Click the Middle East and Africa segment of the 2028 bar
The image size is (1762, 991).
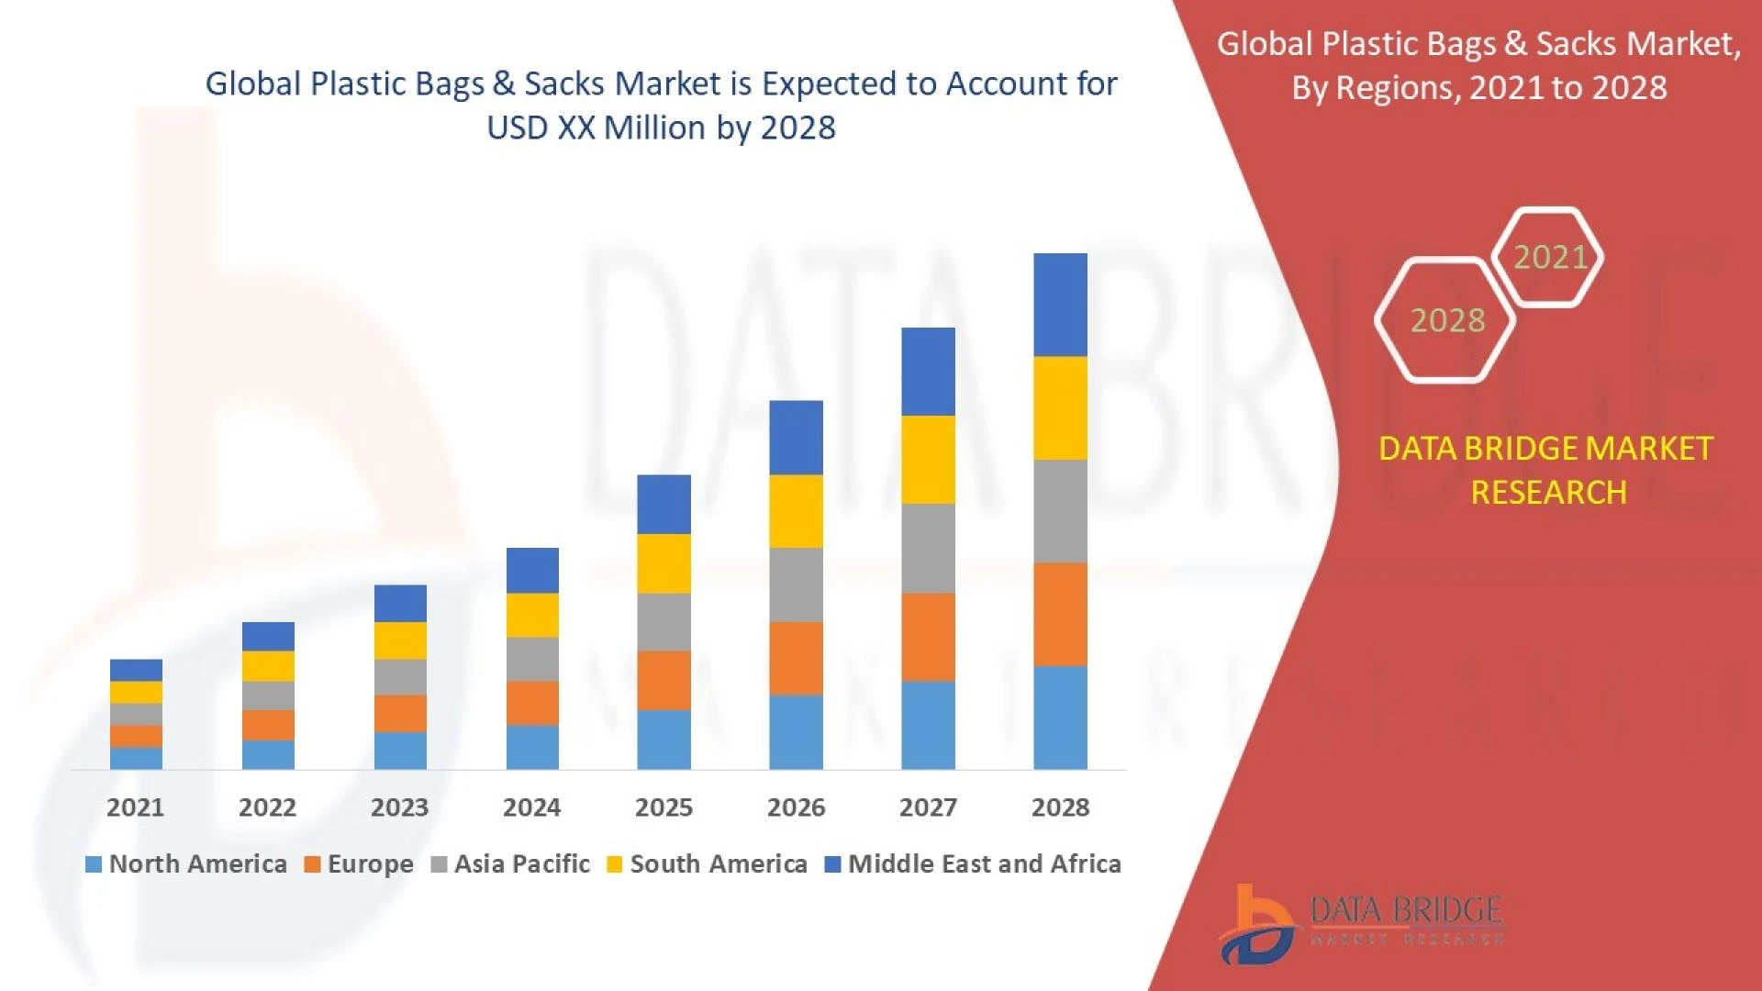[x=1060, y=305]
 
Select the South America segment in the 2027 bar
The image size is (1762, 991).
[x=928, y=459]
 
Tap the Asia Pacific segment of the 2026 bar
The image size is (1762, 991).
[x=796, y=585]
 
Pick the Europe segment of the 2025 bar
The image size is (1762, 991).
[x=664, y=680]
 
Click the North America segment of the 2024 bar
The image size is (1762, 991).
[x=532, y=747]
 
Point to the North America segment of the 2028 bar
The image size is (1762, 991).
[x=1060, y=717]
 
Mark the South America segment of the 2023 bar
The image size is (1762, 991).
[x=400, y=640]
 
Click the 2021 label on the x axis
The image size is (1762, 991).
[x=135, y=807]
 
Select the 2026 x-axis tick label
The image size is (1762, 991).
[x=796, y=807]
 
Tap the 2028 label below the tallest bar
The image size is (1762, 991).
[x=1060, y=807]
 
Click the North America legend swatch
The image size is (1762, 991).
[x=93, y=864]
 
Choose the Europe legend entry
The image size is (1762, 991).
[x=360, y=864]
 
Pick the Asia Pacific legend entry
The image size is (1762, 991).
[x=511, y=864]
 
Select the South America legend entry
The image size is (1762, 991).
[x=708, y=864]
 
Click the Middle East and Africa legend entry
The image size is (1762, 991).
[x=974, y=864]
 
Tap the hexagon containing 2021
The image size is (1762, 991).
[x=1549, y=257]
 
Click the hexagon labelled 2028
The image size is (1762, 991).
[x=1446, y=320]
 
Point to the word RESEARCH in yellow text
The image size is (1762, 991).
[x=1548, y=493]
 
